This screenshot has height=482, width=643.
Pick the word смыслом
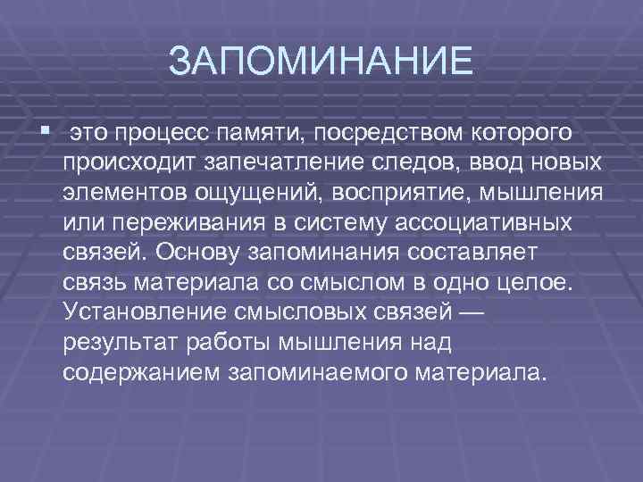[330, 282]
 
